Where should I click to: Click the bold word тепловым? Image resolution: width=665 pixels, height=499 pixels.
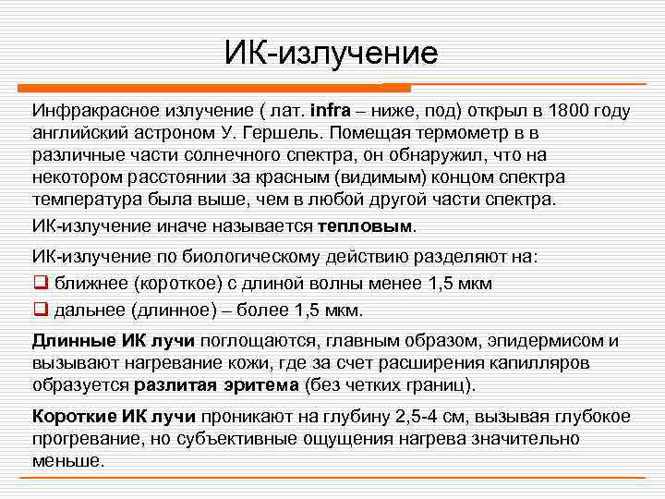point(367,225)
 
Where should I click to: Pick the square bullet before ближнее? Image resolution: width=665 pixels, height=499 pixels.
point(40,284)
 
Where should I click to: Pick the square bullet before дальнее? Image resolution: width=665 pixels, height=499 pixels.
point(40,310)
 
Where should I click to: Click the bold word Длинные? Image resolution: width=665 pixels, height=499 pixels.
point(73,341)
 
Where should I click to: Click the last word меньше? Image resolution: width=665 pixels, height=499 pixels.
point(67,460)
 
